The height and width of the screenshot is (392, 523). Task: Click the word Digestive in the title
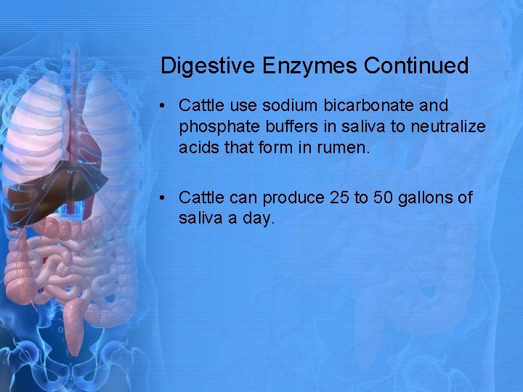click(x=201, y=66)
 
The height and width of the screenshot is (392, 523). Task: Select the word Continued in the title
click(x=417, y=66)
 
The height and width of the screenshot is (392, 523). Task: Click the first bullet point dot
click(x=166, y=106)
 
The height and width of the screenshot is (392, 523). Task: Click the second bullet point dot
click(x=166, y=197)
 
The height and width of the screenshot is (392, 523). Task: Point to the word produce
click(x=294, y=197)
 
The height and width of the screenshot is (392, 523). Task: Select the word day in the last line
click(x=258, y=219)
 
